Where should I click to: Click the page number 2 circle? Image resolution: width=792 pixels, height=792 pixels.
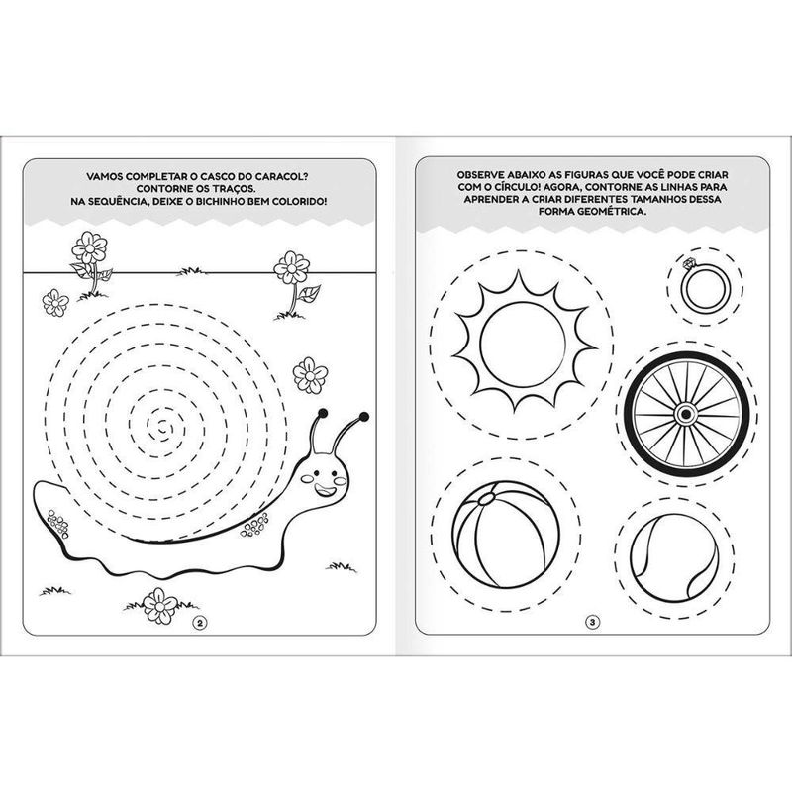pyautogui.click(x=201, y=623)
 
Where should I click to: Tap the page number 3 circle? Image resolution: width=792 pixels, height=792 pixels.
pyautogui.click(x=592, y=622)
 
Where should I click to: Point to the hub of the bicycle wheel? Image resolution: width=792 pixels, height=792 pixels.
pyautogui.click(x=686, y=414)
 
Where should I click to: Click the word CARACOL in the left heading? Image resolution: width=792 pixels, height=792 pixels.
pyautogui.click(x=282, y=176)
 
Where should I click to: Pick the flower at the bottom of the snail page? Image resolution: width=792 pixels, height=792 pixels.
pyautogui.click(x=160, y=605)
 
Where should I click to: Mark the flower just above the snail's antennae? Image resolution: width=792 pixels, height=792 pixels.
pyautogui.click(x=310, y=375)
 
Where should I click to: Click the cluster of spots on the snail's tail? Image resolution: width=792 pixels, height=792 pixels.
pyautogui.click(x=58, y=524)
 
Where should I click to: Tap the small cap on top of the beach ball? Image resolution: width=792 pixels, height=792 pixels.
pyautogui.click(x=486, y=499)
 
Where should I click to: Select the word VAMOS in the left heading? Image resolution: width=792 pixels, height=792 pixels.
pyautogui.click(x=105, y=176)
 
